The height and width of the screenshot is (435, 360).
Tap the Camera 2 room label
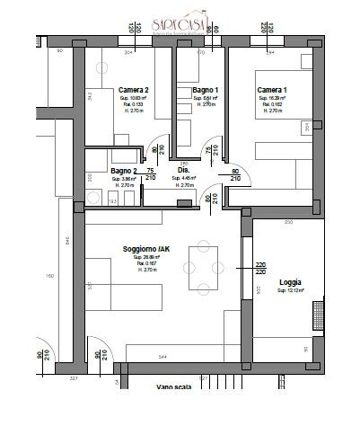133,90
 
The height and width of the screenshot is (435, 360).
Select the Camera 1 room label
271,90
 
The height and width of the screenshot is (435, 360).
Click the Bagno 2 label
124,170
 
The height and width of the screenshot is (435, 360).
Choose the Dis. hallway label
183,169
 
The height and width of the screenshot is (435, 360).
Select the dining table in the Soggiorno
202,269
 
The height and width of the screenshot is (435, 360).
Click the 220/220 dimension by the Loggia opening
260,268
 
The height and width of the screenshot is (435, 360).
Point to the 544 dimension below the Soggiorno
161,359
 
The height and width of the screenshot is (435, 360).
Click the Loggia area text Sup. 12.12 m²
290,291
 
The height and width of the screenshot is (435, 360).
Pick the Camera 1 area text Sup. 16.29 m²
272,99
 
